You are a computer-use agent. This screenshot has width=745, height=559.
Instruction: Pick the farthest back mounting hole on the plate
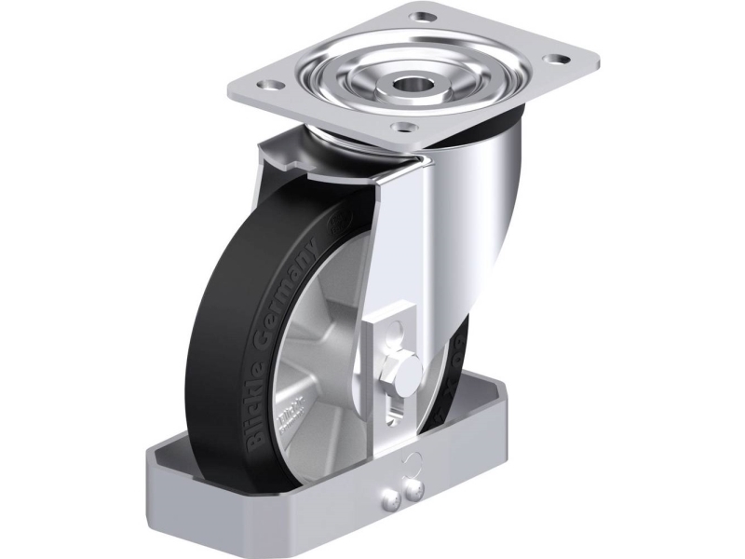click(x=426, y=16)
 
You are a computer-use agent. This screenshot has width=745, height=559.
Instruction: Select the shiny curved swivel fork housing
click(x=484, y=233)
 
